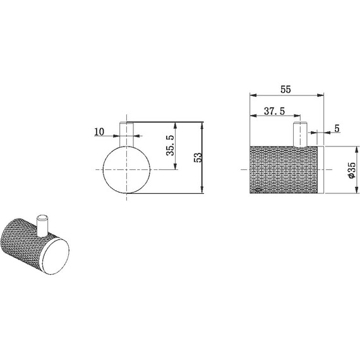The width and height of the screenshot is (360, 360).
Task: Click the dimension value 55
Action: point(285,89)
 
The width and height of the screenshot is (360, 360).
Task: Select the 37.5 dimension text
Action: point(274,111)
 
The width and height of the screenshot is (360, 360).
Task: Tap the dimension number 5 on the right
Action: point(337,129)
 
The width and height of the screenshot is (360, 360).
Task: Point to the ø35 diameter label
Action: point(352,170)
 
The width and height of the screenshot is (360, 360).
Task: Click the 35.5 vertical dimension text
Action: point(171,145)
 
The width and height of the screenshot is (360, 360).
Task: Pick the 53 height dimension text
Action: point(198,157)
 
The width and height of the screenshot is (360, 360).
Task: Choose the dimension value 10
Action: point(99,132)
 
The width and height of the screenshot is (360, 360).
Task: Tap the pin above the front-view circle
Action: point(127,134)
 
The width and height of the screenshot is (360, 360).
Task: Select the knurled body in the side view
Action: point(284,169)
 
